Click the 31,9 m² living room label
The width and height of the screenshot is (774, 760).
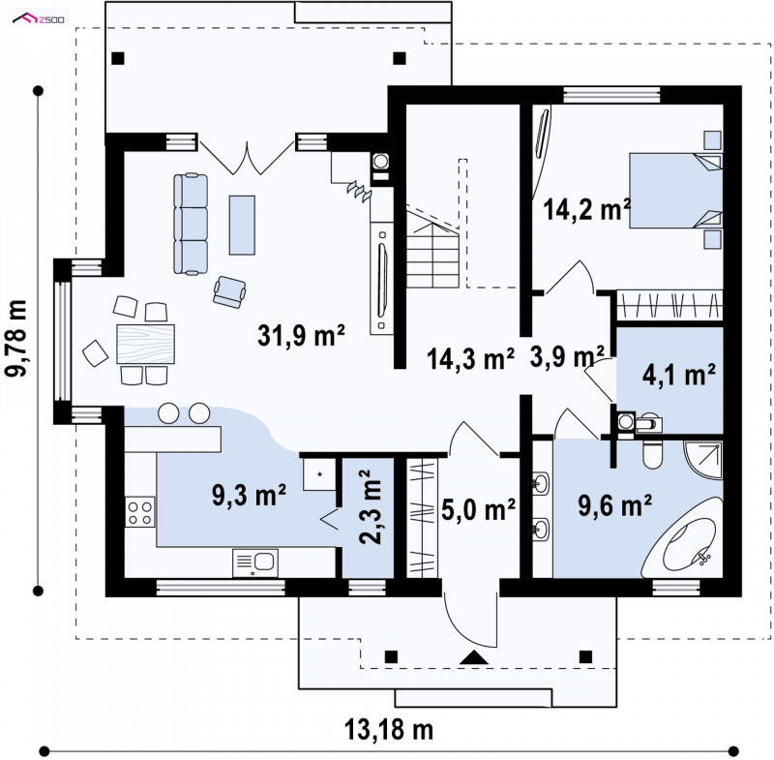click(x=301, y=336)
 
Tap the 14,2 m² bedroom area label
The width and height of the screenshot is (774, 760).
click(x=586, y=209)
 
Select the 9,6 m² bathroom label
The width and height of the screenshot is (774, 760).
click(x=615, y=505)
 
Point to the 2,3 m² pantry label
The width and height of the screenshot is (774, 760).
click(x=372, y=506)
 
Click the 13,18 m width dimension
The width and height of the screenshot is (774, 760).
click(x=389, y=730)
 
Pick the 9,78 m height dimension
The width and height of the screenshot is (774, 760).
click(x=15, y=338)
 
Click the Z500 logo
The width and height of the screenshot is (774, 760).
click(x=39, y=19)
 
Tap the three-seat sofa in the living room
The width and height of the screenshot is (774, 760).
click(x=191, y=224)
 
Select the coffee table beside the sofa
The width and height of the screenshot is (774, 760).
click(x=242, y=226)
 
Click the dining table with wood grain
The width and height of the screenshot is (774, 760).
click(x=146, y=345)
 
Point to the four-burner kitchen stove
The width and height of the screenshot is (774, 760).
click(x=139, y=512)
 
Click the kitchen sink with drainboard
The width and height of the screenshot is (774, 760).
click(x=254, y=563)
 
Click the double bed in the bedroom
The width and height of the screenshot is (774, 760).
click(x=675, y=191)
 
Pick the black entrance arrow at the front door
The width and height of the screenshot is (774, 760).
click(x=474, y=657)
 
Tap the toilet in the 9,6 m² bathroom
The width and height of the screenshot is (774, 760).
click(x=653, y=455)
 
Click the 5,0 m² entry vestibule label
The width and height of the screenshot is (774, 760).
click(x=478, y=509)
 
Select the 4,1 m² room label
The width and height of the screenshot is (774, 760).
click(x=679, y=376)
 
